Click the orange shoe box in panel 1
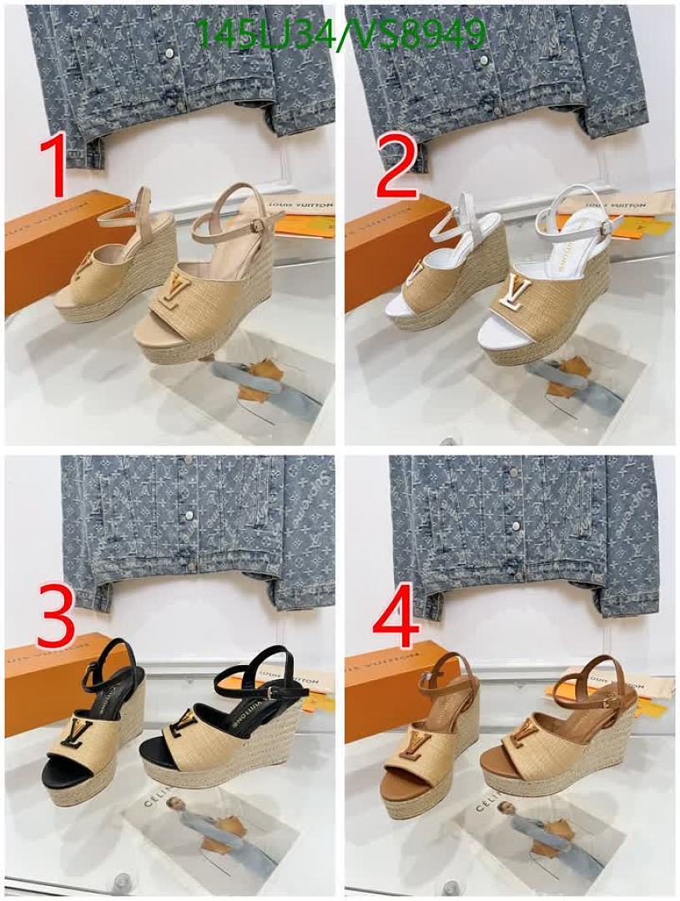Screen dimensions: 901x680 point(50,250)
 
